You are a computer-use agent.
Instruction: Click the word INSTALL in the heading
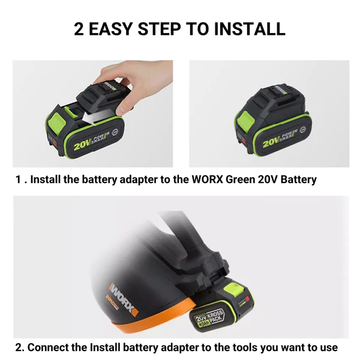[250, 29]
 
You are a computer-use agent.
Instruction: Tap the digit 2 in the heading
[79, 29]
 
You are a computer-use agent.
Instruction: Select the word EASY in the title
[110, 29]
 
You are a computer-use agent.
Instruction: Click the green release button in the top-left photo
[57, 123]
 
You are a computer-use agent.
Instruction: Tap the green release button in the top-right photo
[245, 122]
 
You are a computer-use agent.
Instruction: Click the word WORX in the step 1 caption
[208, 179]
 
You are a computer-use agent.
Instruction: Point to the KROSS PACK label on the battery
[215, 316]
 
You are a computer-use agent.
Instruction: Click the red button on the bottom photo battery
[247, 299]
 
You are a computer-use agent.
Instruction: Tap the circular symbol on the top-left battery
[115, 133]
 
